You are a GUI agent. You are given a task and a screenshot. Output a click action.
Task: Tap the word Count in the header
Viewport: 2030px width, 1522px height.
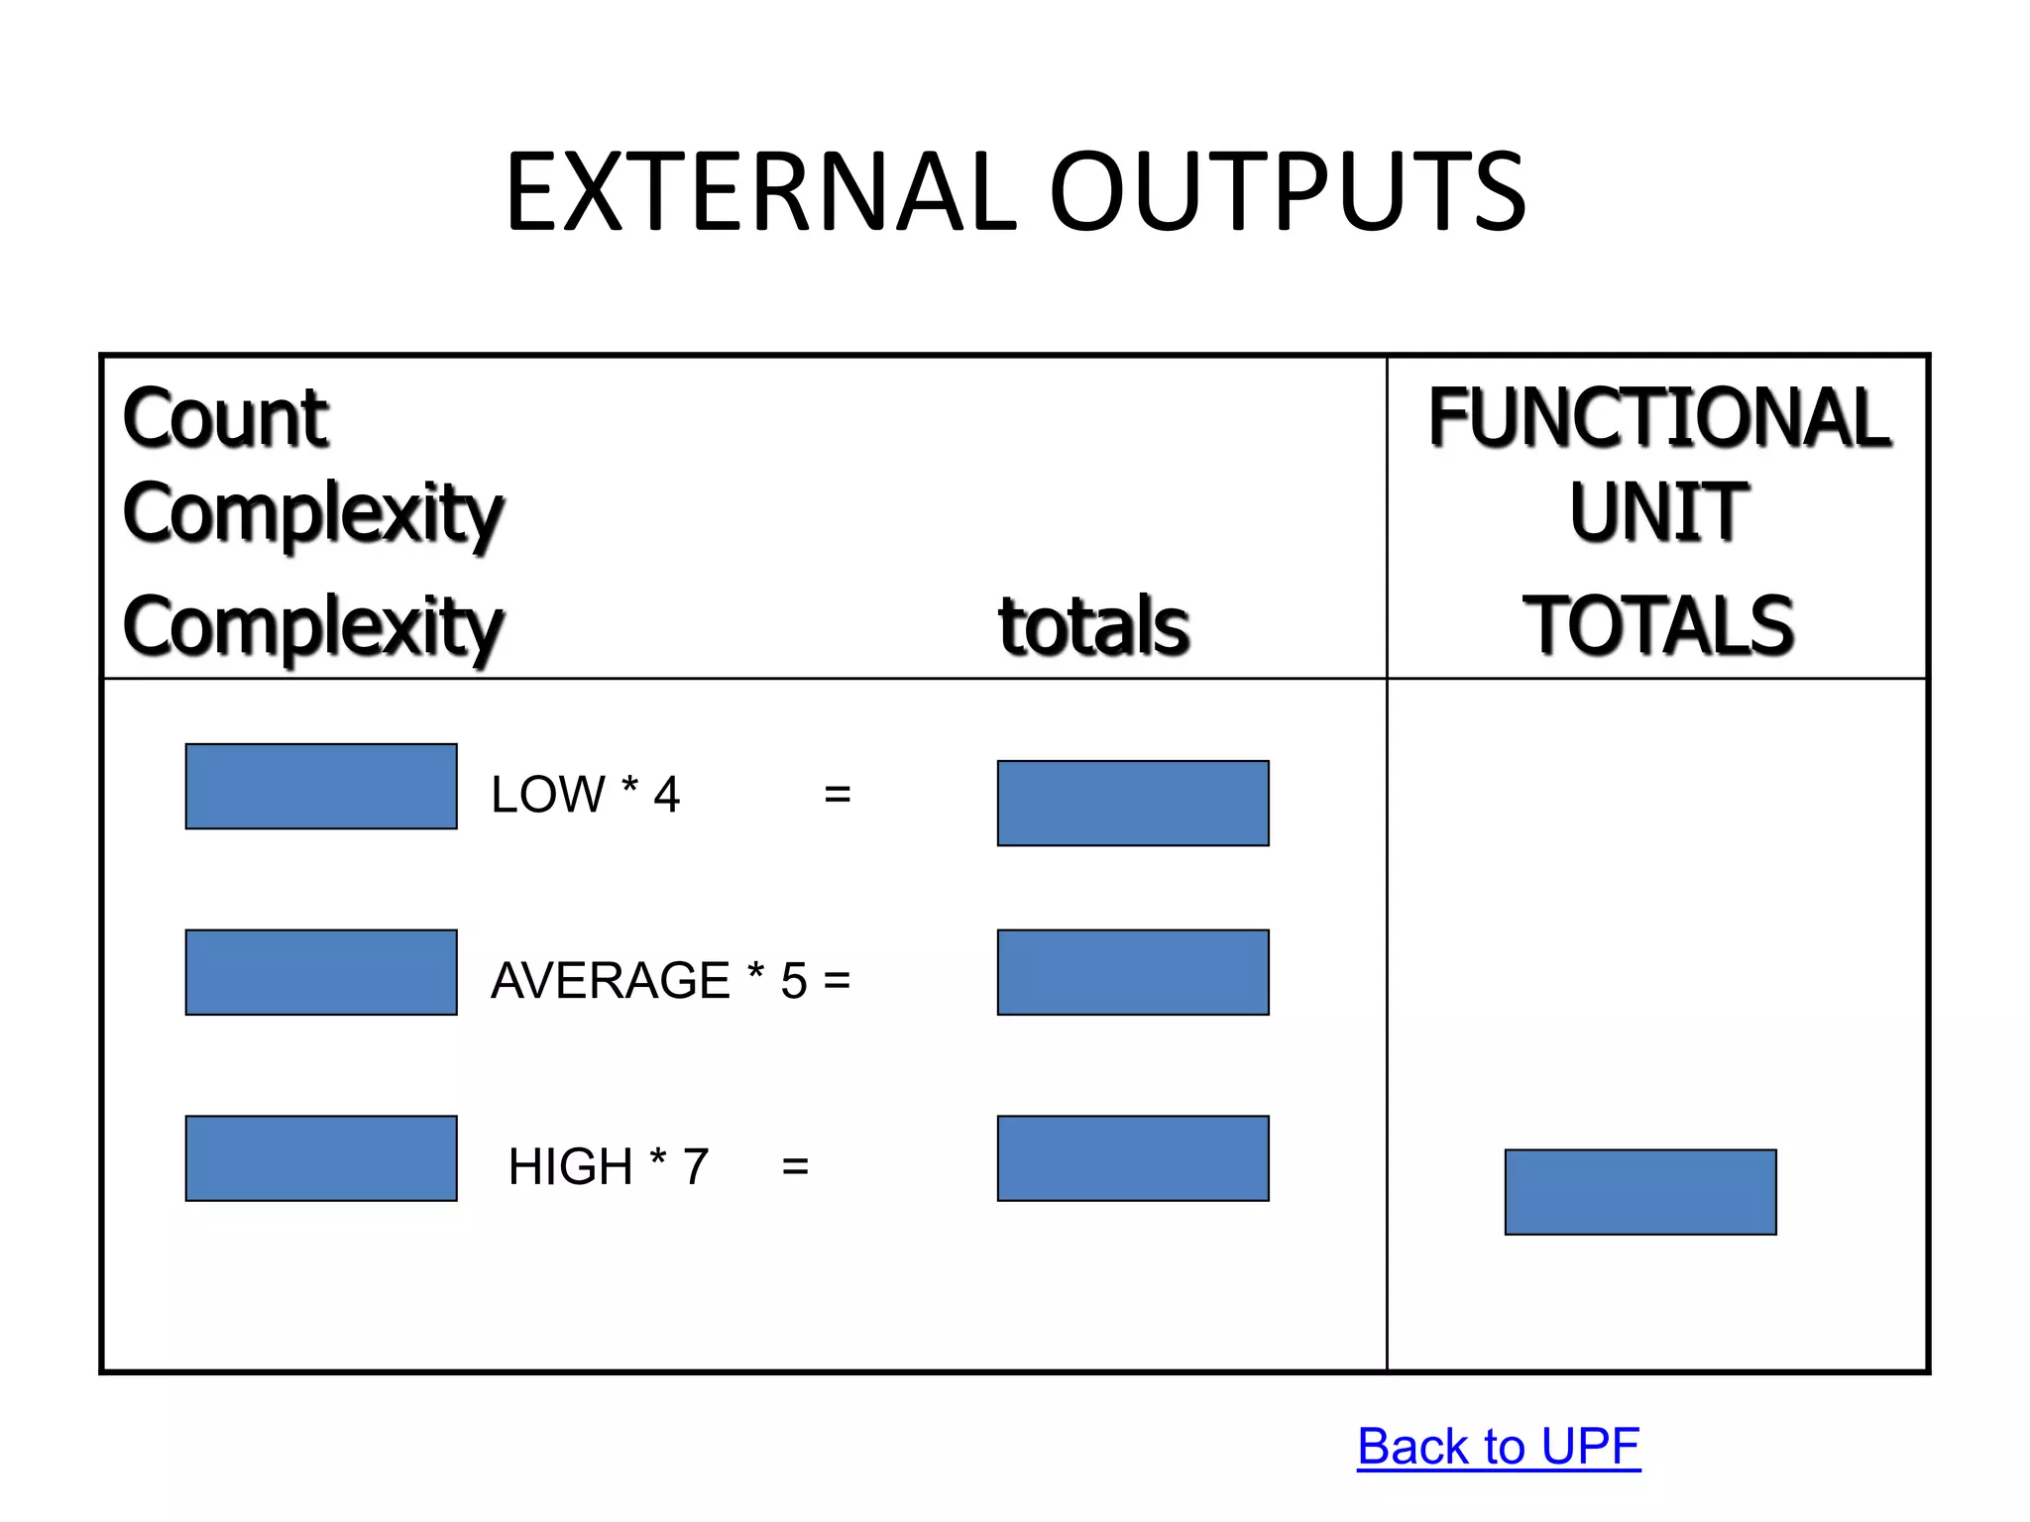[x=225, y=418]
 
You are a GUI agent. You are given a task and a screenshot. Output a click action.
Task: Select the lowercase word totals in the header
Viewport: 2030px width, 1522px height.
[x=1093, y=626]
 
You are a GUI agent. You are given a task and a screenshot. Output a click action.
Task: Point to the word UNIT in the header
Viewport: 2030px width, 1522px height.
[x=1658, y=512]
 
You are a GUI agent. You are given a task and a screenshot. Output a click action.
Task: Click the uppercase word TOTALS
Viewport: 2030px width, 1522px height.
[x=1658, y=626]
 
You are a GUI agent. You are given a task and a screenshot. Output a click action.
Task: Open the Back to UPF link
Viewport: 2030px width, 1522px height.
[x=1499, y=1447]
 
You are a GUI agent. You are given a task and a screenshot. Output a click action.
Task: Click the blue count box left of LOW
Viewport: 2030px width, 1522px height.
[x=321, y=786]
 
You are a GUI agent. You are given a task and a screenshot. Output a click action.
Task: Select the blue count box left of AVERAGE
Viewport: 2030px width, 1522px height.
[x=321, y=972]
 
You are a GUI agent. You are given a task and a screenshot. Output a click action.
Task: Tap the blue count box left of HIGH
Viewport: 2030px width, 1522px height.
[x=321, y=1158]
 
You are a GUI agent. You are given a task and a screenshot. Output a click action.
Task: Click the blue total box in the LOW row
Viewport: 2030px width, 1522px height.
[x=1133, y=803]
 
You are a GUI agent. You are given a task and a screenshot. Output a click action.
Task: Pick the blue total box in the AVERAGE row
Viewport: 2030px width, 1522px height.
[x=1133, y=972]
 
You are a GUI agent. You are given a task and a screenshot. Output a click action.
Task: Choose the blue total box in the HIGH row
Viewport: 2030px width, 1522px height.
[x=1133, y=1158]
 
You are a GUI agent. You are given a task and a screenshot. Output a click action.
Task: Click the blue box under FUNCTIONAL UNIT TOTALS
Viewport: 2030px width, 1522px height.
[x=1640, y=1192]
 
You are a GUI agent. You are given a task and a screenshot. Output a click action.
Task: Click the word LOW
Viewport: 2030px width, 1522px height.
[x=547, y=795]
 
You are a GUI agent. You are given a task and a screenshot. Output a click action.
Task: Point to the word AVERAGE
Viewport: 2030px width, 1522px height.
[x=611, y=981]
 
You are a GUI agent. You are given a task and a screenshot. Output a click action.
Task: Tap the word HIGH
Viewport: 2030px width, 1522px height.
[x=570, y=1167]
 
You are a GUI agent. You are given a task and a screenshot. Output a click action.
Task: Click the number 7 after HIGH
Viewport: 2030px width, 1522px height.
[x=696, y=1167]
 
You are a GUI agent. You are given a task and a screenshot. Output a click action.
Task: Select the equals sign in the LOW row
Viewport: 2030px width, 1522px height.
[x=838, y=795]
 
